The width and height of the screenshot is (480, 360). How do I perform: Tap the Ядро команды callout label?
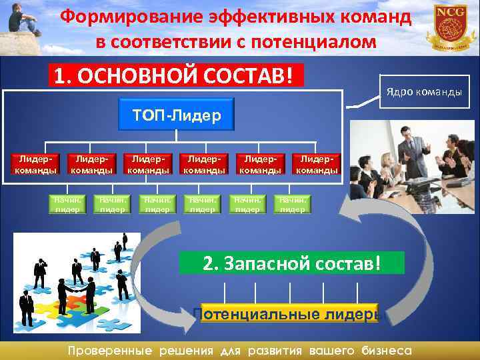421,91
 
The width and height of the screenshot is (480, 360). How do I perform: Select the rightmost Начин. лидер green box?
292,203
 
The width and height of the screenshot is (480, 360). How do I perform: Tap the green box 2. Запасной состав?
292,263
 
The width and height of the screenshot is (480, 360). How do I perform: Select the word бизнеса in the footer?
386,350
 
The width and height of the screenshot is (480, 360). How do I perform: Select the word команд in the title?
377,17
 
